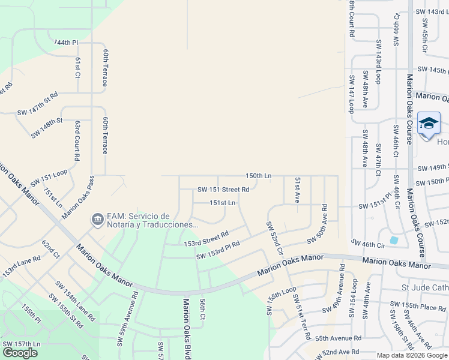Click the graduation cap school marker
(x=429, y=124)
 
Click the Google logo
(x=20, y=353)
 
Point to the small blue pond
(x=394, y=240)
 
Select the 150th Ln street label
(x=258, y=176)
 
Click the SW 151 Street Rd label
(x=223, y=190)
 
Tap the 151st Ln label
(x=222, y=203)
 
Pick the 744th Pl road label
(x=66, y=43)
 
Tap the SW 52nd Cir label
(x=274, y=238)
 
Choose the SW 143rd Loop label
(x=379, y=62)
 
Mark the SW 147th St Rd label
(x=37, y=103)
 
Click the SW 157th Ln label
(x=21, y=343)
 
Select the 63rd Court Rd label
(x=77, y=140)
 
